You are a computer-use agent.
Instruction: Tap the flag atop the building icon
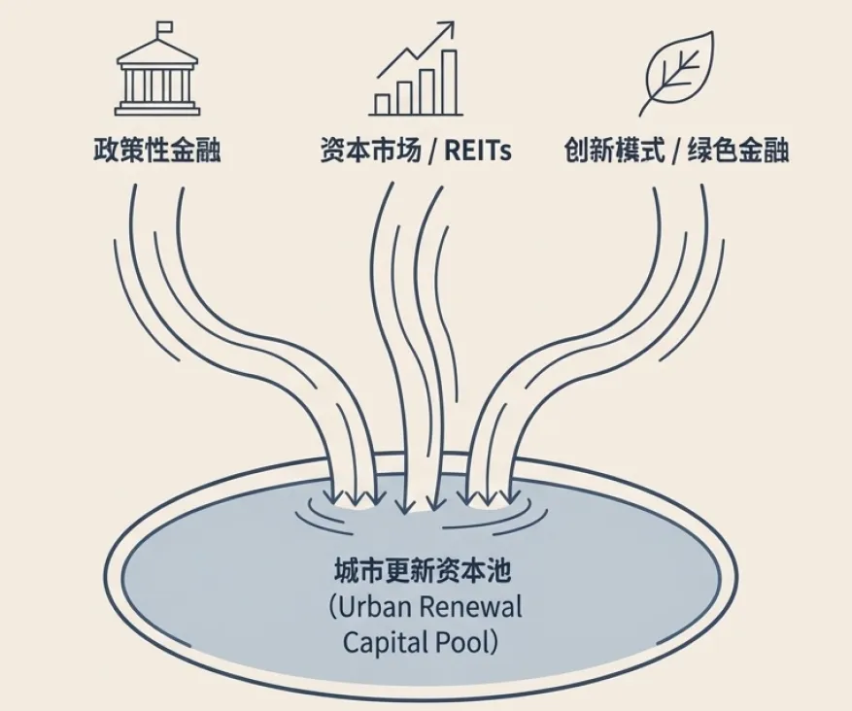pos(162,27)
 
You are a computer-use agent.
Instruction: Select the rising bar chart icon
pos(415,73)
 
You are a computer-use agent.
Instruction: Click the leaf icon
pos(674,73)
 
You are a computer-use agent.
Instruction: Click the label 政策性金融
pos(157,152)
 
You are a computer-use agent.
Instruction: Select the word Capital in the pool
pos(382,642)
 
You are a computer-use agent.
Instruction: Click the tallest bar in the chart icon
pos(449,82)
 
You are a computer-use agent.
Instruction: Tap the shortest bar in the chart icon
pos(383,103)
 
